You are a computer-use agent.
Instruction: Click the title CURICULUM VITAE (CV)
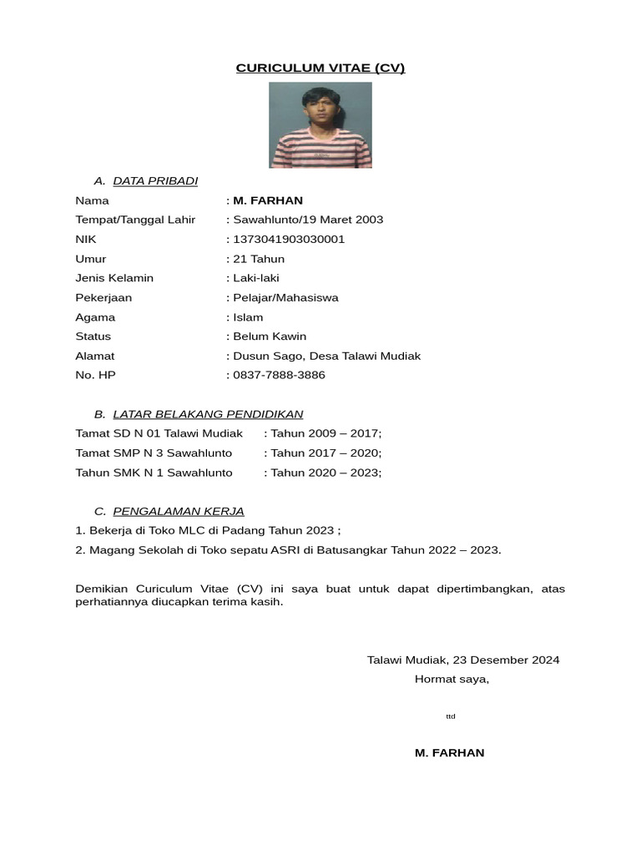[320, 68]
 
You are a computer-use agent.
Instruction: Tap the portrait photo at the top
[320, 125]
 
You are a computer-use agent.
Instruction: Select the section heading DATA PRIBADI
[155, 181]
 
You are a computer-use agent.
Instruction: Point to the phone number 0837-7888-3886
[279, 375]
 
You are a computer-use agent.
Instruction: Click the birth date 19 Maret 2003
[341, 220]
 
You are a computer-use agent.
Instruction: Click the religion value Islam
[248, 317]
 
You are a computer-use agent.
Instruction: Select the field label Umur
[91, 259]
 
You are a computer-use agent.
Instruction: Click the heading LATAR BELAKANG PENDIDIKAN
[208, 414]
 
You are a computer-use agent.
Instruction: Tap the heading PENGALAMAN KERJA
[179, 511]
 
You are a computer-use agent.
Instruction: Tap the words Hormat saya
[452, 679]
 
